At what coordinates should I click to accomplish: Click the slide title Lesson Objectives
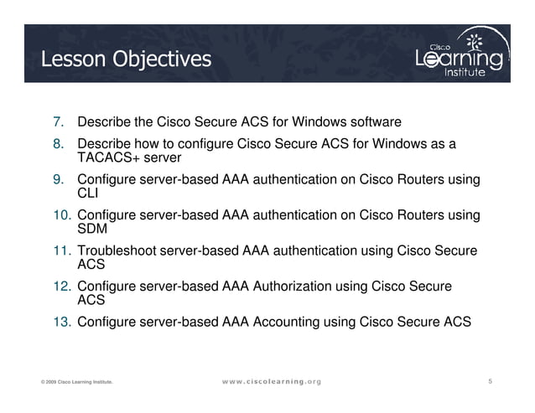point(126,59)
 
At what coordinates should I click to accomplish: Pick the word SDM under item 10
point(91,229)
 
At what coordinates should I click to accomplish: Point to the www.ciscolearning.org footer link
point(266,382)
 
